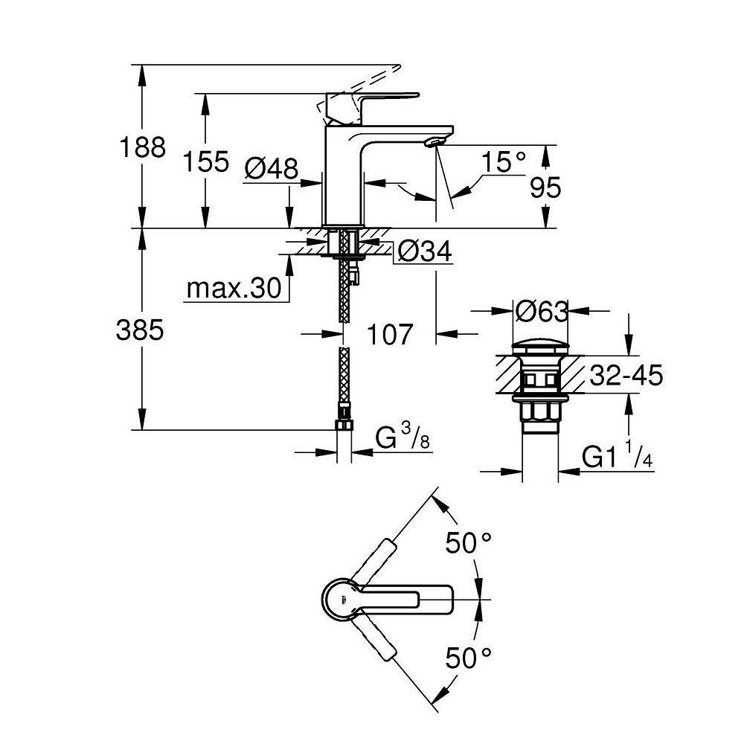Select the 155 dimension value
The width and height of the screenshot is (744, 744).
[207, 161]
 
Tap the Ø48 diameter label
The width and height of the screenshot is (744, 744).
[272, 170]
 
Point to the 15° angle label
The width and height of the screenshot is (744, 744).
[503, 161]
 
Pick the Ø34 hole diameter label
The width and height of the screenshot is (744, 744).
[425, 252]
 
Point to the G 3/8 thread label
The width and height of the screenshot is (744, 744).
[403, 438]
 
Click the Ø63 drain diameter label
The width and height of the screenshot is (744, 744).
[541, 310]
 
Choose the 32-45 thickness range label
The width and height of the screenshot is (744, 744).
[625, 376]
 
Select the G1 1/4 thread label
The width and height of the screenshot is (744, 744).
[617, 458]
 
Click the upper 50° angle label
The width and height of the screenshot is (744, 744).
[470, 543]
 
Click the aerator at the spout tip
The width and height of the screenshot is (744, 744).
[434, 142]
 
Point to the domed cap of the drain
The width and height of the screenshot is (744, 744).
[541, 348]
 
